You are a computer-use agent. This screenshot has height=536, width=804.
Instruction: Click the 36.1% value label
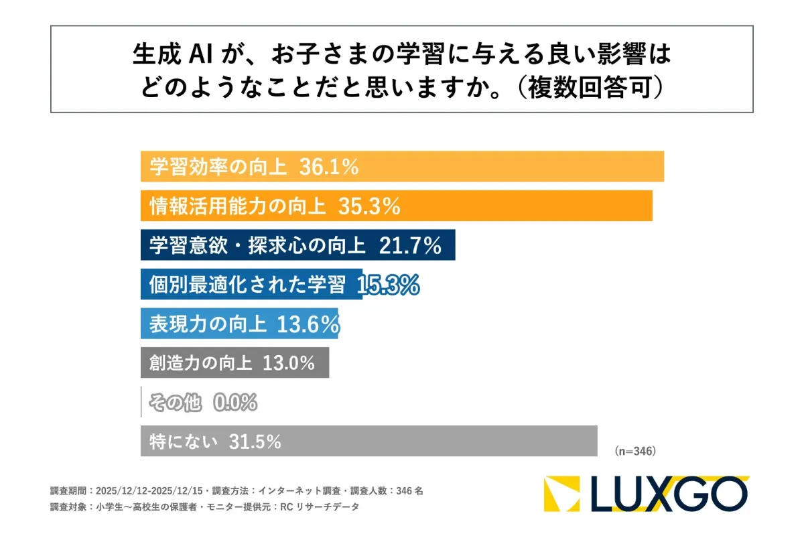click(329, 167)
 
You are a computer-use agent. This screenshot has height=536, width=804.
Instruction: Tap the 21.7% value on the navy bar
click(410, 246)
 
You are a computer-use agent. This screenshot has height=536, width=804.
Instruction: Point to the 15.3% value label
click(389, 285)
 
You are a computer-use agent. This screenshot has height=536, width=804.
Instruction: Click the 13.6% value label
click(309, 324)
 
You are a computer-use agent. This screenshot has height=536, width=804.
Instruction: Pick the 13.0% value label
click(288, 364)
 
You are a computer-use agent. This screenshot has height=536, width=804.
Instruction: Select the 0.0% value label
click(235, 403)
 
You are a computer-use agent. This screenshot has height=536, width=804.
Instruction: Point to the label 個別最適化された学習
click(247, 285)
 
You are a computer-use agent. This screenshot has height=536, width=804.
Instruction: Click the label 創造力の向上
click(201, 364)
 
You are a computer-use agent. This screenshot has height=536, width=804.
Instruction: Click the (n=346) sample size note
click(634, 451)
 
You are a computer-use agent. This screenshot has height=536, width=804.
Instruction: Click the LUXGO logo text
click(669, 494)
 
